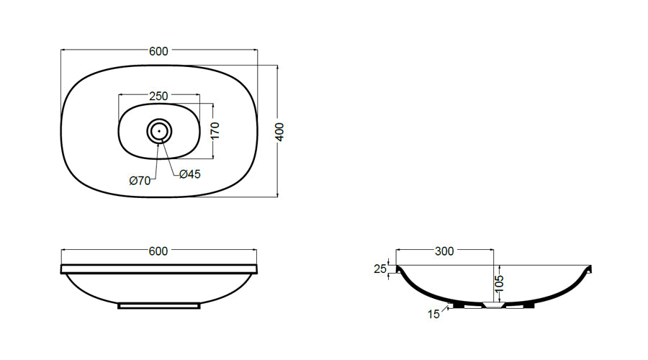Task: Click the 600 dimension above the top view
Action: coord(158,51)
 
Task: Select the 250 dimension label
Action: coord(158,96)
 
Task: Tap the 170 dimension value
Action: coord(215,130)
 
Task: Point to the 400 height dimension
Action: coord(280,132)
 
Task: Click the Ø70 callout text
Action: coord(140,181)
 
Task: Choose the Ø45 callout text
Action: coord(190,174)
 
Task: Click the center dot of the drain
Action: coord(159,131)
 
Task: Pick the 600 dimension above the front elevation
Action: coord(158,251)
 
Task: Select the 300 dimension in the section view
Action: coord(444,251)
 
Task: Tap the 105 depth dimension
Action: coord(499,284)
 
